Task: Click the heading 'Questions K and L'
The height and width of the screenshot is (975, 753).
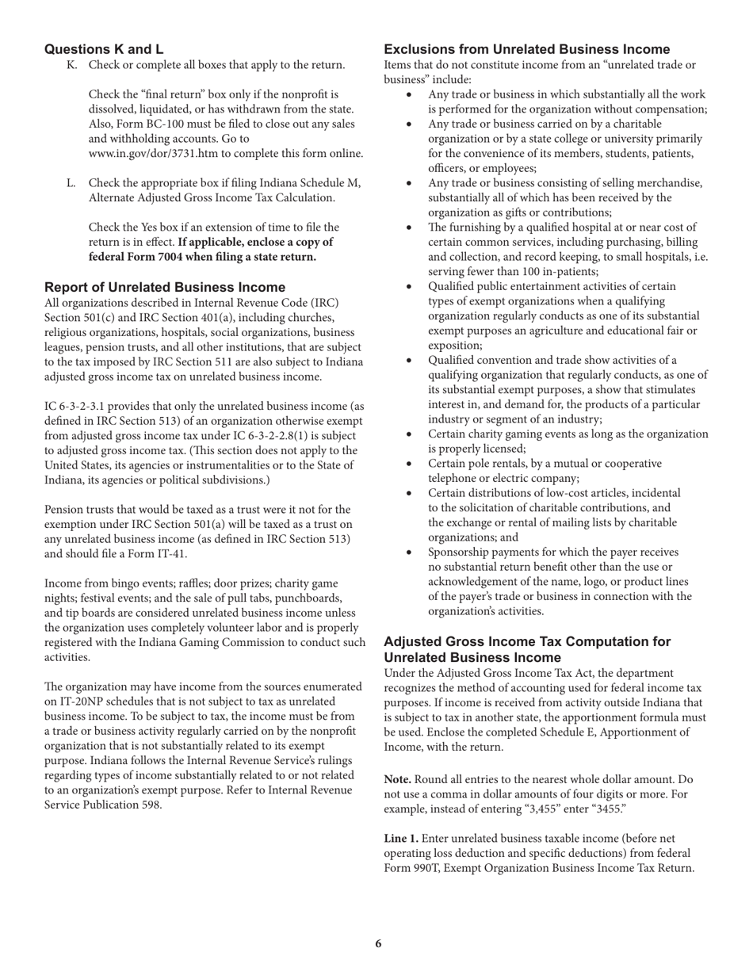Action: [x=104, y=49]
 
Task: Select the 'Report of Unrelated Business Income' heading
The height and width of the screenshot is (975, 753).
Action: [x=165, y=287]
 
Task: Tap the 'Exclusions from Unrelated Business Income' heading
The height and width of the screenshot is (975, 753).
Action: [x=527, y=49]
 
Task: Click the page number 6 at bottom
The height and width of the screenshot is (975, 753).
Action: [x=378, y=943]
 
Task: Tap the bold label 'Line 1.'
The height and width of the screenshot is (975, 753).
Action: [x=403, y=838]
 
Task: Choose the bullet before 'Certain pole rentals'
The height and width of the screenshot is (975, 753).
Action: [x=409, y=464]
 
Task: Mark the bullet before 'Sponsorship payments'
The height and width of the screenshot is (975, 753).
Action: [x=409, y=552]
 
